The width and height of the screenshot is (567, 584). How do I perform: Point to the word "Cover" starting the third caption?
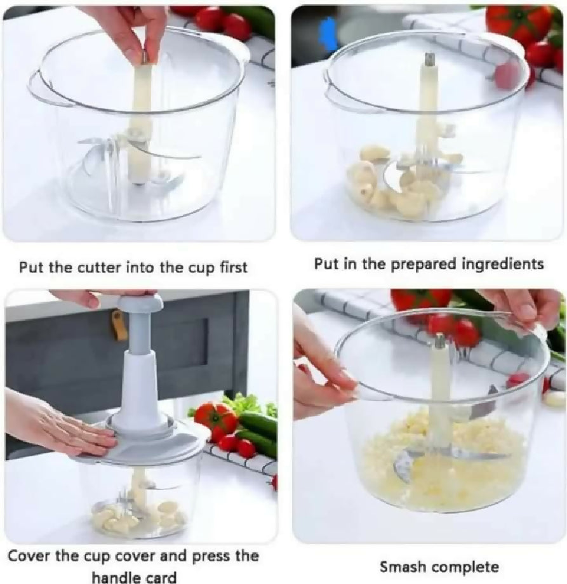[29, 556]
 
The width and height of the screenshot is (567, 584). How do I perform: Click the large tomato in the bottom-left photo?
[215, 418]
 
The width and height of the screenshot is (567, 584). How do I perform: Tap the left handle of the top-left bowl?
[38, 89]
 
